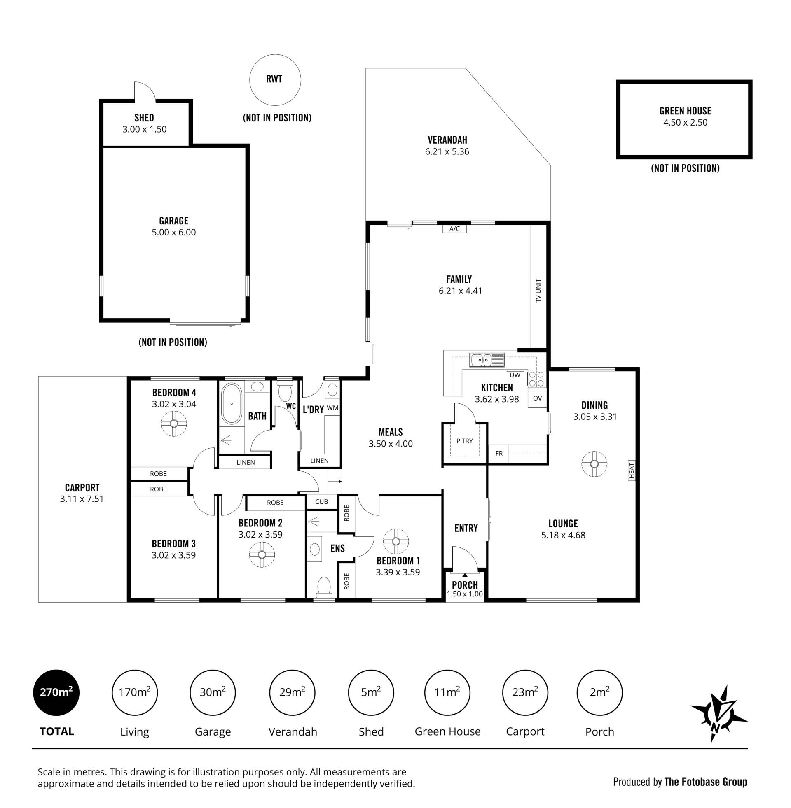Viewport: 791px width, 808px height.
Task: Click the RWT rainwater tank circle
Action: tap(275, 55)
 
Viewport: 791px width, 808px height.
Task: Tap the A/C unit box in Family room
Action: tap(454, 229)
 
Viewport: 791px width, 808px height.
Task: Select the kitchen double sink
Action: tap(487, 360)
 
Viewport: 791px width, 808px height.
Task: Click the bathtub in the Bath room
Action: tap(232, 403)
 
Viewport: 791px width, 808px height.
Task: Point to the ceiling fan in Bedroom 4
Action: tap(174, 424)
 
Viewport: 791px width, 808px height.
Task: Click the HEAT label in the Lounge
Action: tap(632, 470)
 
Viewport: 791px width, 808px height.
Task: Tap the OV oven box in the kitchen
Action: tap(537, 398)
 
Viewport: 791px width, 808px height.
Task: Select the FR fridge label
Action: tap(499, 454)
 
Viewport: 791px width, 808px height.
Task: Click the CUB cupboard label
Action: tap(322, 501)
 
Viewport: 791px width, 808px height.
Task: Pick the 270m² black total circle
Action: tap(56, 692)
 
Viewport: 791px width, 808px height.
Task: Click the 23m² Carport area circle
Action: tap(525, 692)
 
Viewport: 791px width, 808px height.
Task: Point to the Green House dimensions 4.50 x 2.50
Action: tap(685, 122)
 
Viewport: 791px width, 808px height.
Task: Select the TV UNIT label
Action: tap(538, 291)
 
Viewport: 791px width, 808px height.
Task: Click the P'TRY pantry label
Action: tap(464, 441)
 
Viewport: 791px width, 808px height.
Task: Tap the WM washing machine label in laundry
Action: tap(332, 408)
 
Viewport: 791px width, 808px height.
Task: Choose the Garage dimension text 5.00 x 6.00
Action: tap(174, 233)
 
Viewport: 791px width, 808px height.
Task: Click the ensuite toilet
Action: tap(324, 588)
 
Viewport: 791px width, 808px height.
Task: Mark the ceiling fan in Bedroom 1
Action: tap(395, 541)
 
